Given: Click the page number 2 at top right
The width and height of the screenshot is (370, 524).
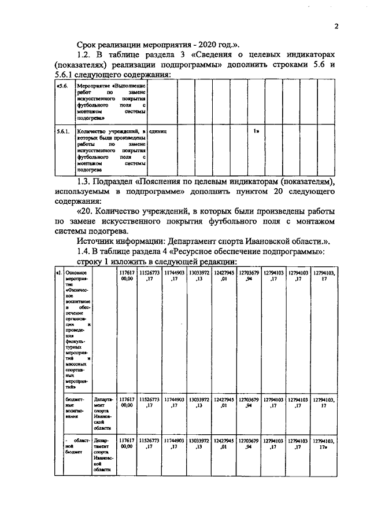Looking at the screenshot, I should pyautogui.click(x=335, y=25).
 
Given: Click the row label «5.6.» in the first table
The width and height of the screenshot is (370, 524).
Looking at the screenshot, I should pyautogui.click(x=61, y=85).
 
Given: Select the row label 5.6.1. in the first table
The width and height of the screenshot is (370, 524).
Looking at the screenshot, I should pyautogui.click(x=62, y=132).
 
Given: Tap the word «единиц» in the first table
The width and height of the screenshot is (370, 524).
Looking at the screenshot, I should pyautogui.click(x=158, y=132).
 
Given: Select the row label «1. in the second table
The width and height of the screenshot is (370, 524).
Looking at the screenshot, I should pyautogui.click(x=58, y=272).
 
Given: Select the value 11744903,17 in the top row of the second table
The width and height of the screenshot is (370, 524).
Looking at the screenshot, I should pyautogui.click(x=173, y=275).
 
